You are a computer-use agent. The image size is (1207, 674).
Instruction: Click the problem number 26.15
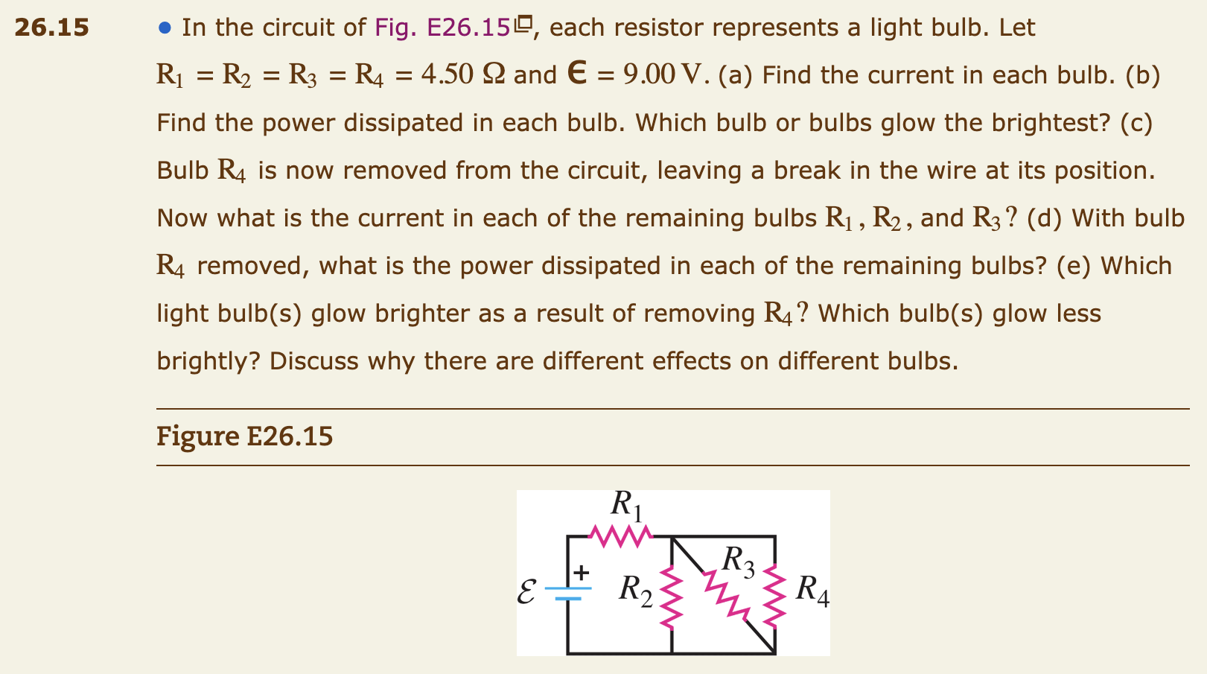pos(51,28)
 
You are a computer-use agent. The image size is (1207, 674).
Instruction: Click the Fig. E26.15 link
pos(443,28)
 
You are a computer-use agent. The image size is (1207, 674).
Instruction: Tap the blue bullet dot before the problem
pos(165,28)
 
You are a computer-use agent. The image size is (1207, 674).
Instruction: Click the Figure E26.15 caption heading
pos(244,436)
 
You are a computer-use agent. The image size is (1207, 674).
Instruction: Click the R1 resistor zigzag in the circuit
pos(620,535)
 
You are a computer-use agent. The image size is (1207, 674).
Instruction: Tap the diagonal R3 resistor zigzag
pos(727,594)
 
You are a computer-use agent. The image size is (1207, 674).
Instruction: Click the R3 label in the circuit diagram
pos(738,561)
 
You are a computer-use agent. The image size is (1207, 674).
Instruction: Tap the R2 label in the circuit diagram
pos(635,589)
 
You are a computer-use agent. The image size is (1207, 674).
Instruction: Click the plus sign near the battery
pos(581,573)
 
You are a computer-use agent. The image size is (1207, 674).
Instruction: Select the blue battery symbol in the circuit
pos(568,593)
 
